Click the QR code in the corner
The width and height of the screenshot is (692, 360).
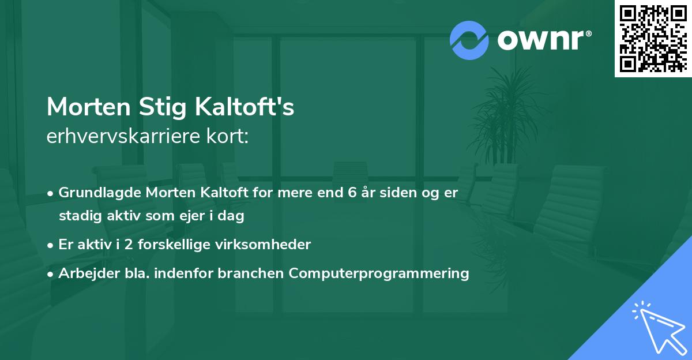pyautogui.click(x=653, y=38)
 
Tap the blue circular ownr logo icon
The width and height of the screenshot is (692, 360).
pyautogui.click(x=469, y=40)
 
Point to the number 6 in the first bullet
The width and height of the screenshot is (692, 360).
pyautogui.click(x=351, y=193)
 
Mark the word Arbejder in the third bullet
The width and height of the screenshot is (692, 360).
pyautogui.click(x=84, y=273)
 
